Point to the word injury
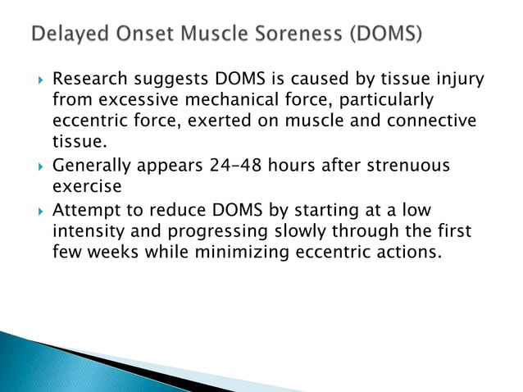456,80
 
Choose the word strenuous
409,166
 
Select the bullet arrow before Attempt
36,212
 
